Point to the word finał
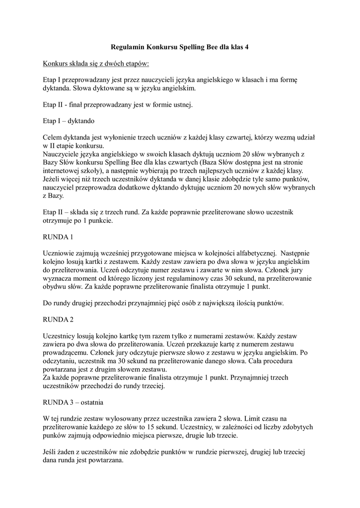(x=78, y=104)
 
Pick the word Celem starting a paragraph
(x=54, y=137)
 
